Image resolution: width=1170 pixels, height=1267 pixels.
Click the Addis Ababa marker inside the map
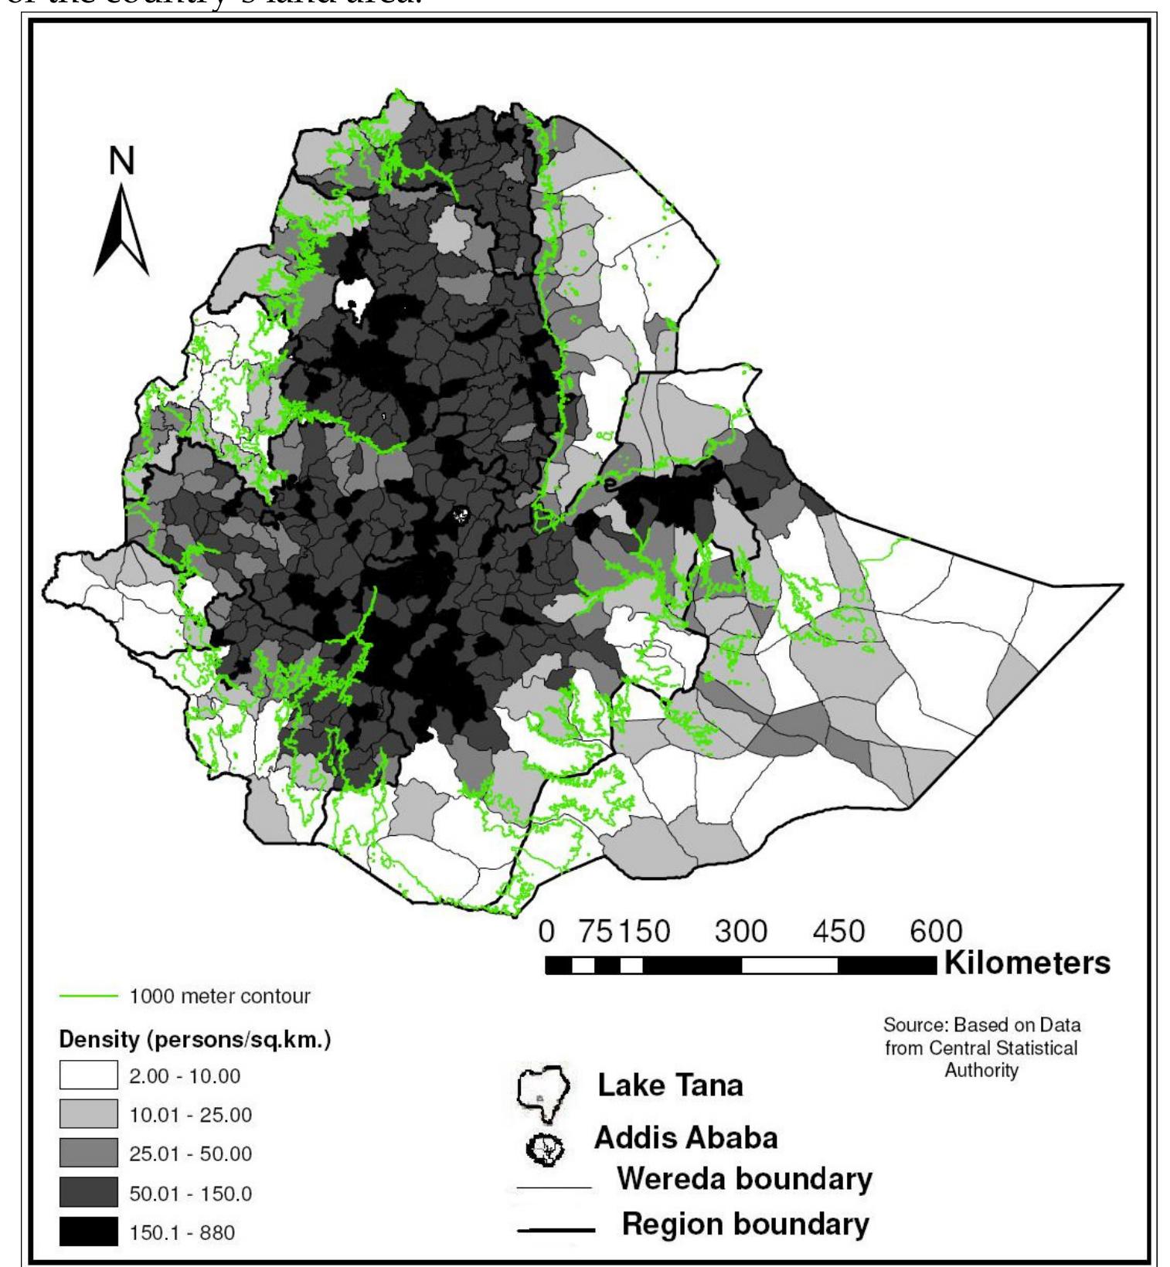tap(461, 515)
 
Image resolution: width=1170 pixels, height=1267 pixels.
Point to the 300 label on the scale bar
tap(740, 931)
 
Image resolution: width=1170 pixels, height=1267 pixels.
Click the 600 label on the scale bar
tap(935, 931)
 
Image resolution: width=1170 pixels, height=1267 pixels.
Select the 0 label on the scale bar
tap(547, 931)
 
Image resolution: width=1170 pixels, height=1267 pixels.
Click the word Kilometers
tap(1027, 963)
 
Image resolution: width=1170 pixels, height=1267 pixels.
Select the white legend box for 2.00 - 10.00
tap(89, 1076)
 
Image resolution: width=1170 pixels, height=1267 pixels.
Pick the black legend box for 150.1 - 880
tap(89, 1232)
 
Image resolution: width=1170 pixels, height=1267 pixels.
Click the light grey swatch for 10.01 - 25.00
tap(89, 1115)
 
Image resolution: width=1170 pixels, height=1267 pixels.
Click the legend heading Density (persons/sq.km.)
tap(196, 1040)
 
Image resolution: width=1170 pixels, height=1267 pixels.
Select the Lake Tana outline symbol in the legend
tap(542, 1089)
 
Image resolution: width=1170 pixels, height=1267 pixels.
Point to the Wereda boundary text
tap(744, 1180)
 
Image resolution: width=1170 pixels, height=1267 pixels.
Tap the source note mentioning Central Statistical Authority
tap(981, 1048)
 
